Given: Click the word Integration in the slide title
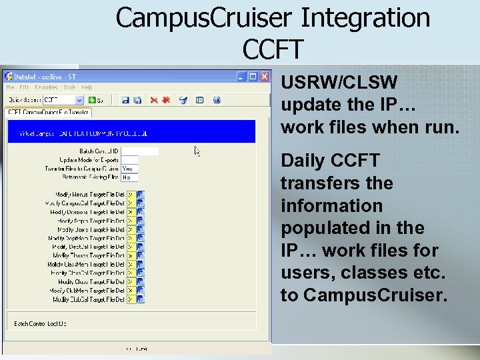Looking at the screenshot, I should (365, 18).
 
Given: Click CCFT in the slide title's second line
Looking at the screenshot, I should (273, 48).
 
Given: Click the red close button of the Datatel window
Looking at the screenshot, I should (264, 77).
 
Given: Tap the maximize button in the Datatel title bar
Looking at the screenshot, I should (253, 77).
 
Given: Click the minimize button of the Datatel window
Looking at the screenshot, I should (242, 77).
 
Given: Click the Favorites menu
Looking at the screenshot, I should (46, 87).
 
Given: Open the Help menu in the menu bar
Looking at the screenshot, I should (87, 87).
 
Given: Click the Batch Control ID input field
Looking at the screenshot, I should (140, 151).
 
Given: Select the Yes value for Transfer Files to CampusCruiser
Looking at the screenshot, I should (129, 169).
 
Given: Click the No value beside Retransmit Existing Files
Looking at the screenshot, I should (129, 177).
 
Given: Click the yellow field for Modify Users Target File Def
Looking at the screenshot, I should (131, 229).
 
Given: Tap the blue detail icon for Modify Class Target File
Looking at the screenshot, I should (141, 282).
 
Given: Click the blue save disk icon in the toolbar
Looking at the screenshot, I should (125, 100).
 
